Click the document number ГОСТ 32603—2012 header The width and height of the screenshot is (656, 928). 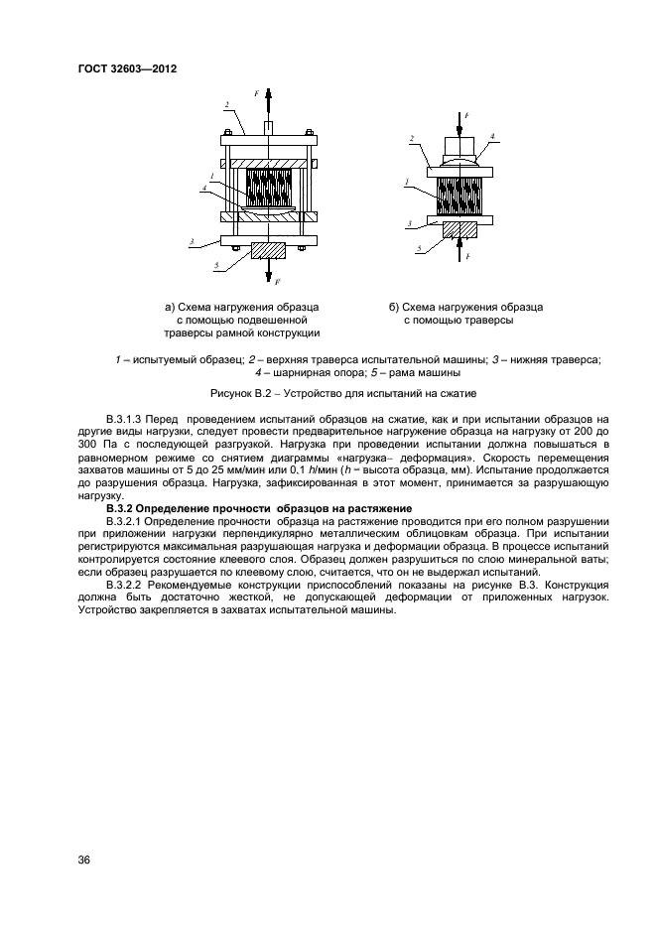coord(126,68)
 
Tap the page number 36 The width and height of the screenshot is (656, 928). coord(84,860)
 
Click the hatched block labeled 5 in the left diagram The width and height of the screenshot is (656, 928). coord(267,250)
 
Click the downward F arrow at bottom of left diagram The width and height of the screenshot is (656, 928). coord(266,272)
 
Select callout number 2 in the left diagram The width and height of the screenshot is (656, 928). coord(227,104)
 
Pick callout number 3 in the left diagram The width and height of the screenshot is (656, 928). coord(191,239)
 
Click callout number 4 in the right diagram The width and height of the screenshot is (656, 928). coord(493,137)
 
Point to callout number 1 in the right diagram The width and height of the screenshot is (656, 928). coord(409,181)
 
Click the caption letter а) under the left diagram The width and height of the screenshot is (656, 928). coord(171,307)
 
